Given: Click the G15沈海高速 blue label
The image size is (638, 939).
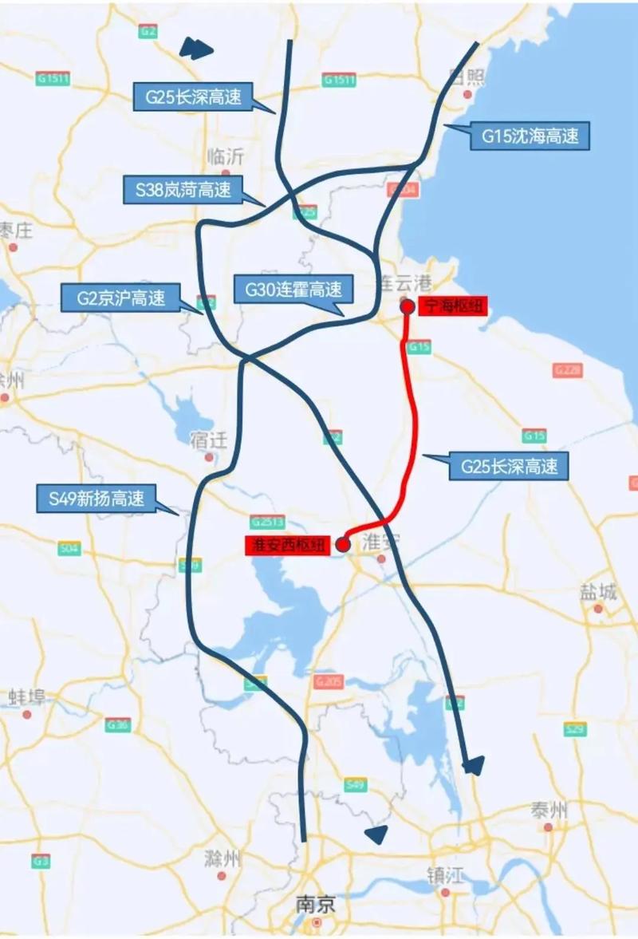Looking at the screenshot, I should tap(529, 136).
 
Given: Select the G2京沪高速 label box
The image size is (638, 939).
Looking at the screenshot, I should tap(121, 298).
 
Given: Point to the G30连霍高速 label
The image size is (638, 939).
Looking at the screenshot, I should tap(287, 289).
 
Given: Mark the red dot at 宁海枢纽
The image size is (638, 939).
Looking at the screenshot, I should tap(407, 306).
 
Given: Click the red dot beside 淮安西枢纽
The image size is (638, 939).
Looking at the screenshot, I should tap(343, 545).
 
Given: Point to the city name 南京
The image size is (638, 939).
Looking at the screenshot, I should tap(316, 905).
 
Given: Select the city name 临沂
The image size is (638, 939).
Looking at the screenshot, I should tap(225, 156).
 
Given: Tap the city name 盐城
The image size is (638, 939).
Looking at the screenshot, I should tap(598, 592).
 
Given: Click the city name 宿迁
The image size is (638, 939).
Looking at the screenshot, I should tap(210, 440).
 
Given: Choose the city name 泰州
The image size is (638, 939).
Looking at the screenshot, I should tap(549, 811).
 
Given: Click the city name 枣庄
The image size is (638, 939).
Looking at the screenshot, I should tap(16, 231).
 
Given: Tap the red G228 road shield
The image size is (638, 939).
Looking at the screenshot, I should tap(567, 370).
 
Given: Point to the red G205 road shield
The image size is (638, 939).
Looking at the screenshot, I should tap(328, 681).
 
